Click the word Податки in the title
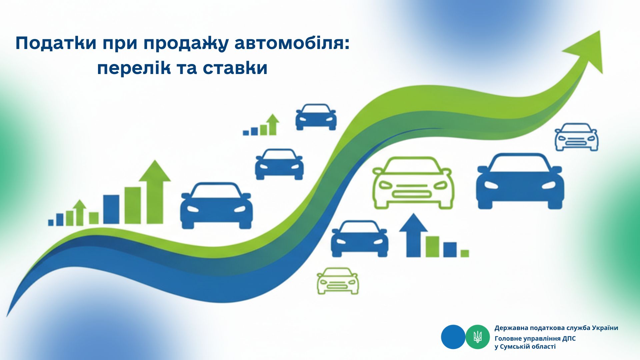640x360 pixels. (x=56, y=44)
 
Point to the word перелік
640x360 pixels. (x=134, y=68)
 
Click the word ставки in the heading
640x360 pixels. (x=235, y=68)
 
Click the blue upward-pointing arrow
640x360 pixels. (x=413, y=235)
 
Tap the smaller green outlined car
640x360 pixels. (x=338, y=281)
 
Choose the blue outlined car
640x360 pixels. (x=576, y=137)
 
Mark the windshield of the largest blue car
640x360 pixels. (x=520, y=164)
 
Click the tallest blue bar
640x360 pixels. (x=111, y=209)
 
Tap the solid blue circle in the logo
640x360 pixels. (x=453, y=337)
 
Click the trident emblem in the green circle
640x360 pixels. (x=478, y=337)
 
